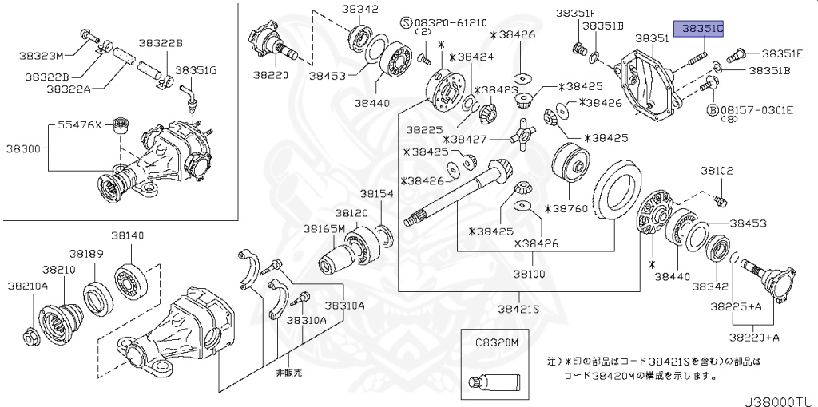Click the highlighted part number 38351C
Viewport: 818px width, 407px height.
coord(700,30)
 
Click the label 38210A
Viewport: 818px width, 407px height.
coord(28,285)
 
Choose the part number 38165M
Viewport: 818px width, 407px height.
coord(324,228)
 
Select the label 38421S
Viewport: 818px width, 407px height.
coord(518,308)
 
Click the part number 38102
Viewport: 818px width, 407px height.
coord(717,171)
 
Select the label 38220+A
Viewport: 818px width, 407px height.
coord(756,337)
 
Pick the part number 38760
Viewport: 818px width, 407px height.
coord(570,208)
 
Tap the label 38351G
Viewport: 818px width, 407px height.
coord(196,70)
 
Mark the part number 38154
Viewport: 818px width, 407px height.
coord(375,194)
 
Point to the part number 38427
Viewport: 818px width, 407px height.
coord(472,139)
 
